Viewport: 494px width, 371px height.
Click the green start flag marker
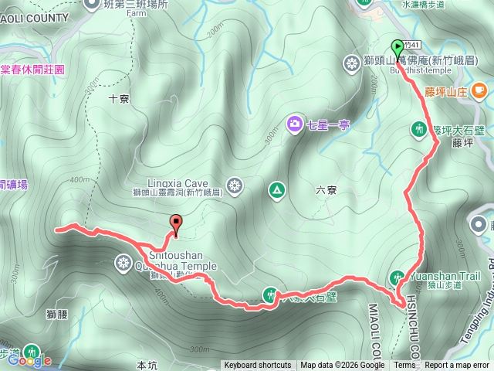pyautogui.click(x=398, y=48)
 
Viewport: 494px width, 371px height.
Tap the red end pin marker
pyautogui.click(x=176, y=223)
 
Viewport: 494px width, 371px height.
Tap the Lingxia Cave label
pyautogui.click(x=169, y=175)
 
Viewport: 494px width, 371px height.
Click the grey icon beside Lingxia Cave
pyautogui.click(x=235, y=185)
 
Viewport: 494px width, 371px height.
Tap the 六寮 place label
pyautogui.click(x=327, y=189)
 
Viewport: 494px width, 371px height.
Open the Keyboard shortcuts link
pyautogui.click(x=258, y=366)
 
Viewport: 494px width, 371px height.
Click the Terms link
pyautogui.click(x=404, y=366)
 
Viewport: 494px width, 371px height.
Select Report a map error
pyautogui.click(x=457, y=366)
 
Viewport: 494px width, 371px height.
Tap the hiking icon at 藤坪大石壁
pyautogui.click(x=419, y=128)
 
